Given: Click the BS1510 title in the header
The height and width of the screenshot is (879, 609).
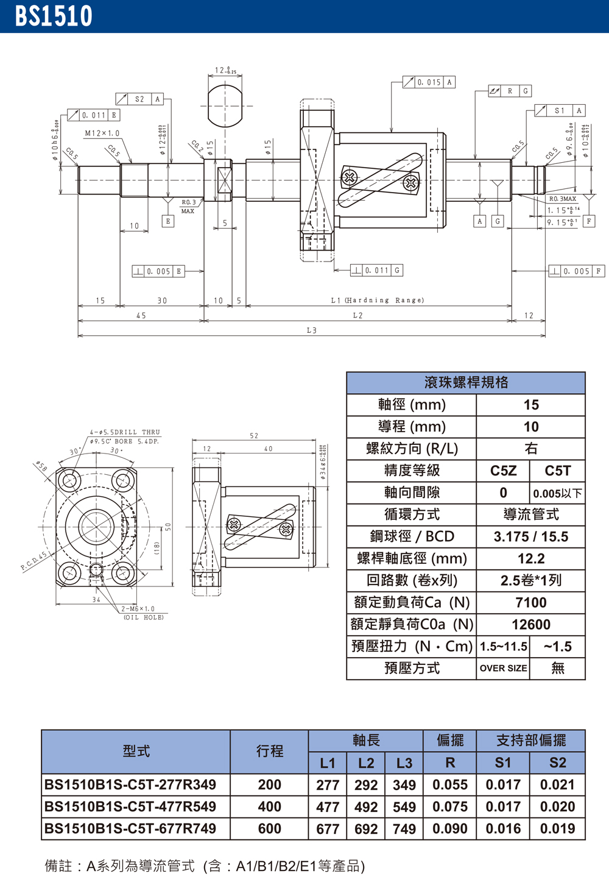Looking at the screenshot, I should coord(54,16).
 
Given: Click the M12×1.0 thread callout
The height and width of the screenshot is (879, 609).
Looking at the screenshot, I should coord(102,133).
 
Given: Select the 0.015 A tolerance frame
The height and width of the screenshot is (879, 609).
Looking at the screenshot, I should coord(429,82).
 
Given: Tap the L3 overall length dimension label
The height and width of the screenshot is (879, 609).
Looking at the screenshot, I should coord(311,330).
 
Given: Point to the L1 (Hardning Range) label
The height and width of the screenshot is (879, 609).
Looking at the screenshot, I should coord(377,301).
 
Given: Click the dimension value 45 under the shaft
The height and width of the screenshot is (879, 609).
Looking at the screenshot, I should coord(141,316).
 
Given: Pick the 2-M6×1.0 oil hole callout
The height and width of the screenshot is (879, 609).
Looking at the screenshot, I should coord(138,609).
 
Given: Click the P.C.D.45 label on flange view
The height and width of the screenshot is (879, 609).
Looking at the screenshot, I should coord(34,561).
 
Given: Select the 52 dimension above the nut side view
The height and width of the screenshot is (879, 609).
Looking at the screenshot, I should coord(254,436).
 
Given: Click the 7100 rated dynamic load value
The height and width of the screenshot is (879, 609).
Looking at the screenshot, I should coord(530,603).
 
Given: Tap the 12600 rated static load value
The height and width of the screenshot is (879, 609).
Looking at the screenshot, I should coord(530,625).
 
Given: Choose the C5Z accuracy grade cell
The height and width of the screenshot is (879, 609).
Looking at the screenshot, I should coord(503,471).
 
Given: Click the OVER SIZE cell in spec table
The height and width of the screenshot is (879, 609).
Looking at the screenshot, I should coord(503,668).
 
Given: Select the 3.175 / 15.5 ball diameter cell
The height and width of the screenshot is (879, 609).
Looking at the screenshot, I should coord(530,537).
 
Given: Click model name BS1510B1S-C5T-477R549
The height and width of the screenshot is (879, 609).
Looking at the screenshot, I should coord(130,807).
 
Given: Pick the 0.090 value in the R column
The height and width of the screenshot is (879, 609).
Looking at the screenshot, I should coord(449,829).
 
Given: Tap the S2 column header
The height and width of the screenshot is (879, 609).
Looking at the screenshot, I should coord(557,763).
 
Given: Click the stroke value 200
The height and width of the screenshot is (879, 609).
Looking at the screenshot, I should coord(269,785).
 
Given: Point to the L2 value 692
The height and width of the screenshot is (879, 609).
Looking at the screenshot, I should coord(366,829).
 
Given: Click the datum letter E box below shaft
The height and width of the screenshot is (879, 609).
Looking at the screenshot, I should coord(168,221).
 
